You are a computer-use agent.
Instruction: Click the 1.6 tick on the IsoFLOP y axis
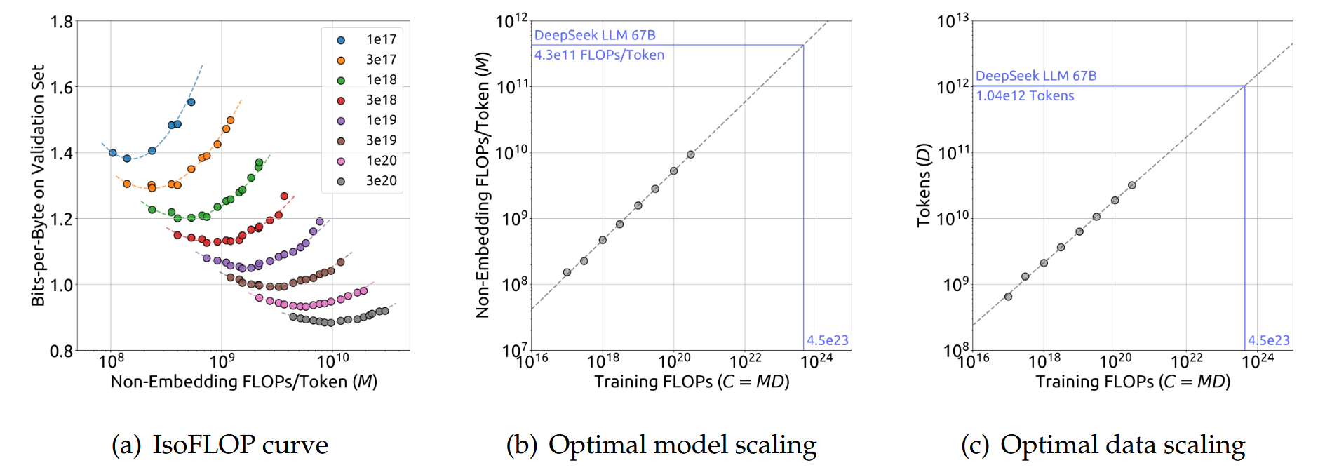[62, 88]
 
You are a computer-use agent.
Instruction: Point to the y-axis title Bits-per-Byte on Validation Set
[38, 185]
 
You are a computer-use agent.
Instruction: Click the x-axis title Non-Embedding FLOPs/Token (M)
[243, 382]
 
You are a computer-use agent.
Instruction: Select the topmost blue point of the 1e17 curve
[191, 102]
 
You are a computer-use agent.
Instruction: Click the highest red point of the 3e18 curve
[284, 196]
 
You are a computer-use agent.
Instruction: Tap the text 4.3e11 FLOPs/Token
[599, 55]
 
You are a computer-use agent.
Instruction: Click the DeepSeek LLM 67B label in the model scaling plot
[594, 35]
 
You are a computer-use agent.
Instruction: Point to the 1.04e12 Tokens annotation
[1025, 95]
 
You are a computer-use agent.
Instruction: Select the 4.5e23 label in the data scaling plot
[1268, 340]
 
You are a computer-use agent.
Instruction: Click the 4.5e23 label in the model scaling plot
[827, 340]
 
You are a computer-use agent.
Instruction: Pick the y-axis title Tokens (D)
[923, 185]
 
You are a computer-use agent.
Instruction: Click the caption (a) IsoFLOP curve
[220, 445]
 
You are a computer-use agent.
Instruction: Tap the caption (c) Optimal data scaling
[1103, 445]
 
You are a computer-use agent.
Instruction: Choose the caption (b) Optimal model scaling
[661, 445]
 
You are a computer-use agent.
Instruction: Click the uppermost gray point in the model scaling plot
[691, 154]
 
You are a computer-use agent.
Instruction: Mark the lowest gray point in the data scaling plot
[1008, 297]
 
